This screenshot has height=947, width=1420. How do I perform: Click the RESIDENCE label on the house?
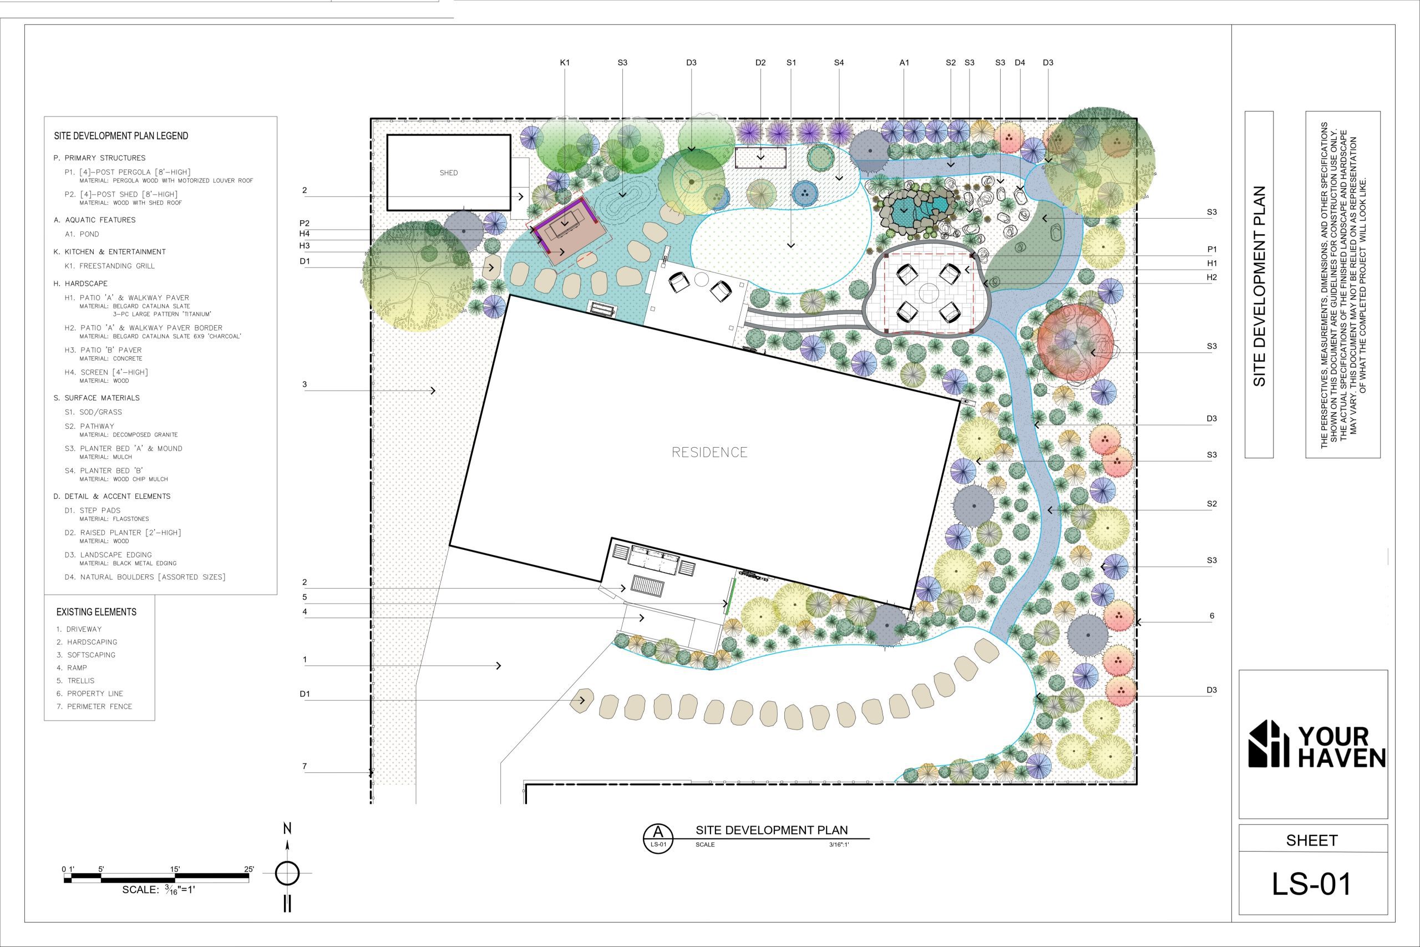(709, 452)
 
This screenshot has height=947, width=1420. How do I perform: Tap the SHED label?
(449, 173)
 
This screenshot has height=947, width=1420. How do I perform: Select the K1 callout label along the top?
(565, 63)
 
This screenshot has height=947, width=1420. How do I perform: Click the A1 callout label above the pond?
(904, 63)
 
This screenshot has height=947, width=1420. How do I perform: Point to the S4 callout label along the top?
(839, 63)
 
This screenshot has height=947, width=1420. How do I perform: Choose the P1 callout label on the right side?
(1211, 250)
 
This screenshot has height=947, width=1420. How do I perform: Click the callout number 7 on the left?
(305, 766)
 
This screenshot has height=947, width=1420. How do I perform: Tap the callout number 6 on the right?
(1211, 616)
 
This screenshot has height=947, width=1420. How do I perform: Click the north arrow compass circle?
(287, 873)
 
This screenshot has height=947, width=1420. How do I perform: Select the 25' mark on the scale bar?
(248, 870)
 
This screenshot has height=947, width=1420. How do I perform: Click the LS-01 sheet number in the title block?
(1311, 884)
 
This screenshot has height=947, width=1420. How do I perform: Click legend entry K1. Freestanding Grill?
(110, 266)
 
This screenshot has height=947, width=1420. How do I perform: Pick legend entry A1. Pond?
(82, 234)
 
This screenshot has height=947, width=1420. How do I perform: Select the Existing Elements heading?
(97, 612)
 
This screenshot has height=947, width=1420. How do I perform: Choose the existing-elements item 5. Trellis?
(75, 681)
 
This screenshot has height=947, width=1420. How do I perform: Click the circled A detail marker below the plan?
(658, 838)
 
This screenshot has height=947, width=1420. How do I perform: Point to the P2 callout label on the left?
(305, 224)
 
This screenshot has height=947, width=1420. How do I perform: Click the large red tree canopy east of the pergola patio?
(1076, 342)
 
